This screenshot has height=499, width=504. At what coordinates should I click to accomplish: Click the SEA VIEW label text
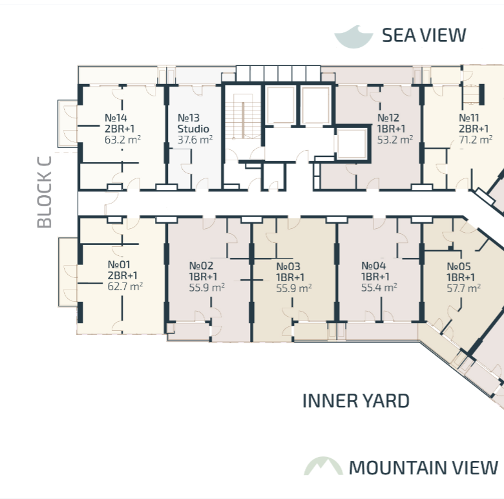424,36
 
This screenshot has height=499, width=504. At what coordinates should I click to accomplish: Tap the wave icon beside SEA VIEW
353,37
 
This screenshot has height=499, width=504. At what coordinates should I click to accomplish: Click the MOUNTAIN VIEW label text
423,467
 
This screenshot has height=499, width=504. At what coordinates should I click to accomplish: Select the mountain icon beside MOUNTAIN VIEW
323,466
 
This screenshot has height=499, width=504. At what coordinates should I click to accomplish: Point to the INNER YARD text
356,401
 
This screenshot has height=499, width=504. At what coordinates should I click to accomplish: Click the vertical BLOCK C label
45,192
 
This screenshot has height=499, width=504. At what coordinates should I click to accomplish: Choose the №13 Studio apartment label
193,123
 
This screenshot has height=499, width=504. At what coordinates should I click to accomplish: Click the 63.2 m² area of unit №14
123,140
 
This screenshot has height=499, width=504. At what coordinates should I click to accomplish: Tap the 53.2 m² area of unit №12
395,140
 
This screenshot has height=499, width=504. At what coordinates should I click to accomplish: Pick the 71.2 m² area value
476,140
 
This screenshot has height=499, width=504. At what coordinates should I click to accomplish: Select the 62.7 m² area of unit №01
125,286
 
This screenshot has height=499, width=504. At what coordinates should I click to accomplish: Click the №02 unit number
201,266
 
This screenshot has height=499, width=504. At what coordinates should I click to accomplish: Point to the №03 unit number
288,266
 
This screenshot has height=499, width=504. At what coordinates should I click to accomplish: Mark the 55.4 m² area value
379,287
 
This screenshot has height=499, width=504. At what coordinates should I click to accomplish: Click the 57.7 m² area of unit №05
464,288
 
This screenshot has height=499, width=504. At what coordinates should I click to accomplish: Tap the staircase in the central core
243,116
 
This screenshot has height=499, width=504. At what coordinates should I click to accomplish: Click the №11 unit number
469,118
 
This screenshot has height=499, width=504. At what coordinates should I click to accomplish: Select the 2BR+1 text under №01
123,275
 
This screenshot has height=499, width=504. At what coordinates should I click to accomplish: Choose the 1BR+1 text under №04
375,277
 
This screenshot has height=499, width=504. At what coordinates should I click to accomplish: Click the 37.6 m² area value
194,140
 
